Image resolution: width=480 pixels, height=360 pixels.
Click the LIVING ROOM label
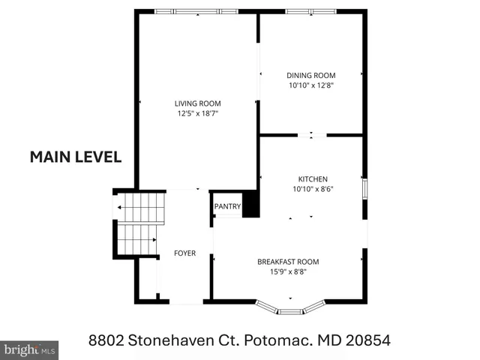click(x=198, y=103)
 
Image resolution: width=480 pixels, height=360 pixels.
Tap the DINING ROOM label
click(x=311, y=75)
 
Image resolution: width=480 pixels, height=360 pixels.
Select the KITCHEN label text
click(x=313, y=179)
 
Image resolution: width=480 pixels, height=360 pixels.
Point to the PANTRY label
click(x=227, y=207)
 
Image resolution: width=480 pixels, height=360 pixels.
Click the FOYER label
click(x=184, y=253)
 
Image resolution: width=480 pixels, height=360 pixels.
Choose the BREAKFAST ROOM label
click(x=288, y=262)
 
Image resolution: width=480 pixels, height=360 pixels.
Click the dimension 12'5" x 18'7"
click(x=198, y=113)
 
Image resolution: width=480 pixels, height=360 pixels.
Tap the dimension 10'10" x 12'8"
click(x=311, y=85)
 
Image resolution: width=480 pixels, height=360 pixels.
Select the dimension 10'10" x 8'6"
click(x=313, y=189)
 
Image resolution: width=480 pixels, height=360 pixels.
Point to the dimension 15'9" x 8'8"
click(x=288, y=271)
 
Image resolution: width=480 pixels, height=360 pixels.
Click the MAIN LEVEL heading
click(x=75, y=157)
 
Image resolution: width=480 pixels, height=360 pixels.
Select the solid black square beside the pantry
click(x=250, y=204)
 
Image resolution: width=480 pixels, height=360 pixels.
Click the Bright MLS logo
click(x=29, y=349)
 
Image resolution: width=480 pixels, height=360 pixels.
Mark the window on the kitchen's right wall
click(x=364, y=188)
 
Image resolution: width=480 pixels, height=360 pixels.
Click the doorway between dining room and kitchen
click(x=311, y=136)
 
